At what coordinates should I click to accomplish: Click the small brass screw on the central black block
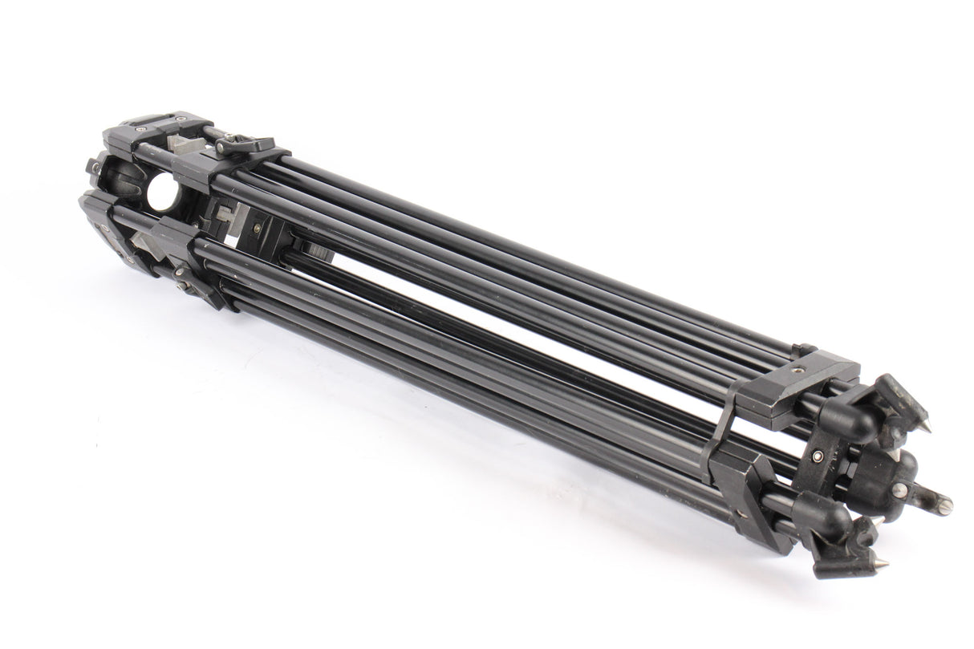pos(257,228)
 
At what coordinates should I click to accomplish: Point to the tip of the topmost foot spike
pos(927,428)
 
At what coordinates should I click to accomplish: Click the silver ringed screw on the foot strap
pos(818,456)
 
